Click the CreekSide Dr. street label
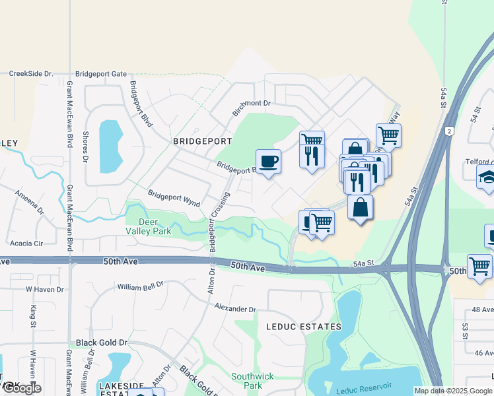click(30, 74)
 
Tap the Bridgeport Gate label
click(100, 74)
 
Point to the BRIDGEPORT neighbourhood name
click(202, 141)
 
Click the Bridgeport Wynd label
click(174, 195)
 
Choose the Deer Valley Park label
click(149, 226)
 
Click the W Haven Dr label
click(44, 289)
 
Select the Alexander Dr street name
click(235, 308)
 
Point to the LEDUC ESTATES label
click(303, 327)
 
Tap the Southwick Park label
click(248, 381)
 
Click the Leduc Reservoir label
click(364, 389)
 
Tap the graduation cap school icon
click(487, 177)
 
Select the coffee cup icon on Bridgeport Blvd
click(268, 161)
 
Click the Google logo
click(22, 388)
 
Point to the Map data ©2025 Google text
click(453, 391)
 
